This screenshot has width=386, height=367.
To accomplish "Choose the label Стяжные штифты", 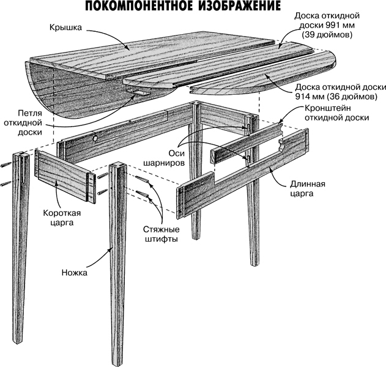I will pyautogui.click(x=157, y=234).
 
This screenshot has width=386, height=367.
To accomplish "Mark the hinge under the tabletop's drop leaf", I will pyautogui.click(x=138, y=92).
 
